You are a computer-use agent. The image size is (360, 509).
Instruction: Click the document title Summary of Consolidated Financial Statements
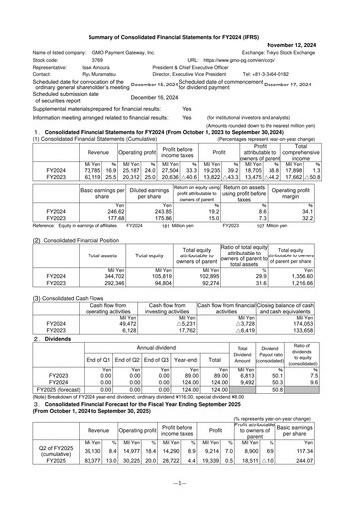[179, 9]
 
